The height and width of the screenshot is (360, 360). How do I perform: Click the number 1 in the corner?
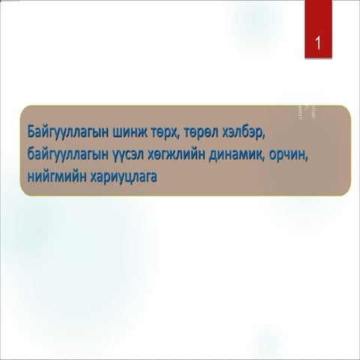(318, 43)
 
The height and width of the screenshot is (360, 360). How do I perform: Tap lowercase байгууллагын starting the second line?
(73, 154)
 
